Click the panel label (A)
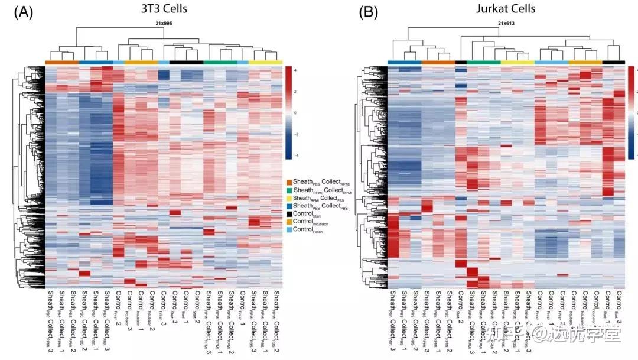[x=23, y=12]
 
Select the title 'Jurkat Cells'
[x=506, y=8]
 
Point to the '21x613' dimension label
[x=507, y=23]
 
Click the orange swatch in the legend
[x=289, y=182]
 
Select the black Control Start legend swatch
[x=289, y=213]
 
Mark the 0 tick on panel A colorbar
[x=294, y=112]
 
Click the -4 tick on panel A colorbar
[x=294, y=155]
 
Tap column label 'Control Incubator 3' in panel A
[x=129, y=310]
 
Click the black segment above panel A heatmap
[x=186, y=62]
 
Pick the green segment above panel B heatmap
[x=484, y=62]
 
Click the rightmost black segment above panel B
[x=614, y=62]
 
